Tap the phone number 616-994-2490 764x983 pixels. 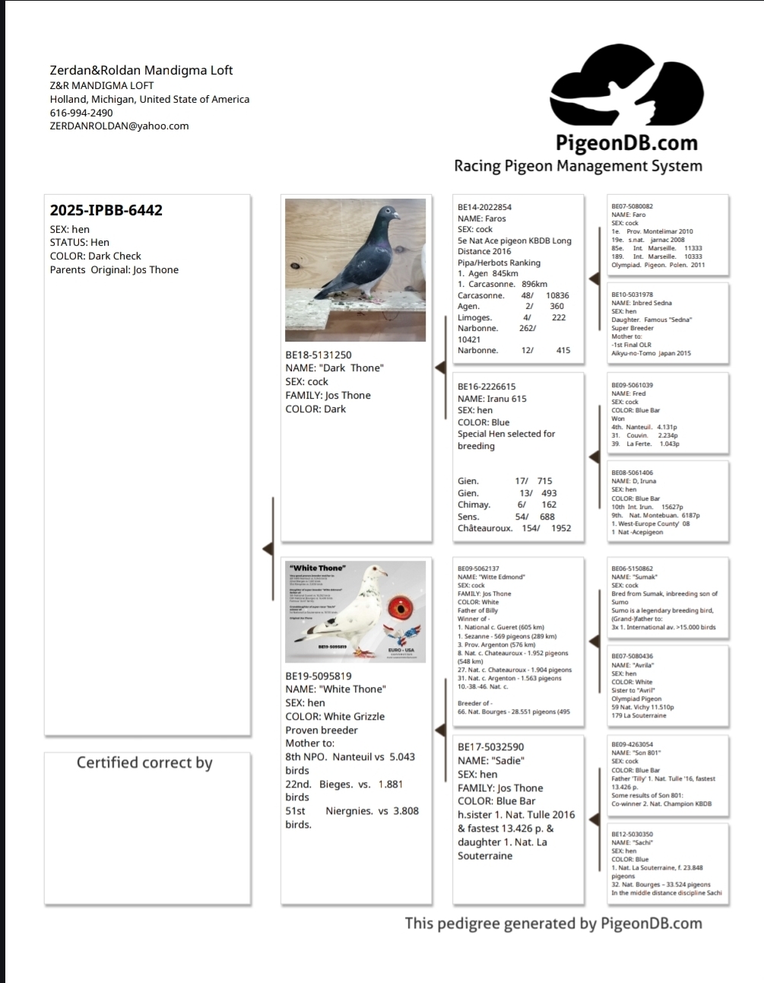(81, 113)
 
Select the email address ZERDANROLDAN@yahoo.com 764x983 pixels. (119, 126)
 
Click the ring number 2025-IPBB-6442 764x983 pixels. (106, 211)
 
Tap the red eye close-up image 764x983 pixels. (401, 609)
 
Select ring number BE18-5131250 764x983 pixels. (319, 355)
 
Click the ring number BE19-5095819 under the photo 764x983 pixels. (319, 676)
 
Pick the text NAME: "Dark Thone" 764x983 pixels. (334, 368)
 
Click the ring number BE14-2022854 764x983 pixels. (484, 207)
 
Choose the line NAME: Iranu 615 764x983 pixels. (492, 399)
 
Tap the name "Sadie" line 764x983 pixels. (491, 761)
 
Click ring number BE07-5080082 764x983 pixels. (632, 206)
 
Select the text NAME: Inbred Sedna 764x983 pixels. (642, 303)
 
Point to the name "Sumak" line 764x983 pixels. (634, 577)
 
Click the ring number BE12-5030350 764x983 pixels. (632, 834)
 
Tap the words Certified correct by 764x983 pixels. (144, 763)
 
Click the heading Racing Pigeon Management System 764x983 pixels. (578, 166)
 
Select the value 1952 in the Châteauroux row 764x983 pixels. (561, 528)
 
